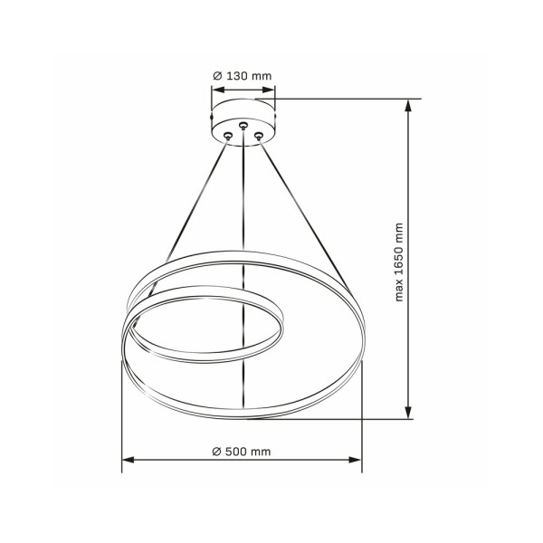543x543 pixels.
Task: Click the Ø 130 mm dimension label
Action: pos(243,77)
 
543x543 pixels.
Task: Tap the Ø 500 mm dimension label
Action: pos(242,450)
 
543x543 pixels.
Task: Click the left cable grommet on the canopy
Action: pos(228,136)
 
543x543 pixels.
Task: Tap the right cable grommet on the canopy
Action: pos(259,136)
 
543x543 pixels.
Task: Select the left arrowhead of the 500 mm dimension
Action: pos(128,462)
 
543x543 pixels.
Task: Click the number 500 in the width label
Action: pos(238,450)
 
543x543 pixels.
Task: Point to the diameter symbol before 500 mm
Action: pos(217,450)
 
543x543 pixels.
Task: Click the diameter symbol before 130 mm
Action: pos(218,77)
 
